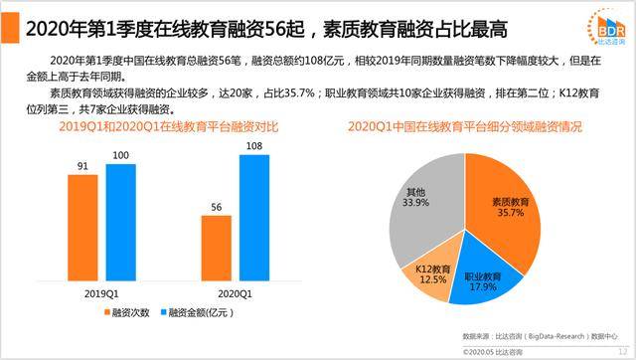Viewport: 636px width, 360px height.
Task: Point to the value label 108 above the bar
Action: tap(254, 146)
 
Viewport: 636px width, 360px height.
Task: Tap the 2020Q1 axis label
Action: tap(235, 293)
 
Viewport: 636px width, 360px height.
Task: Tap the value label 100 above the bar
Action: tap(120, 156)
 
